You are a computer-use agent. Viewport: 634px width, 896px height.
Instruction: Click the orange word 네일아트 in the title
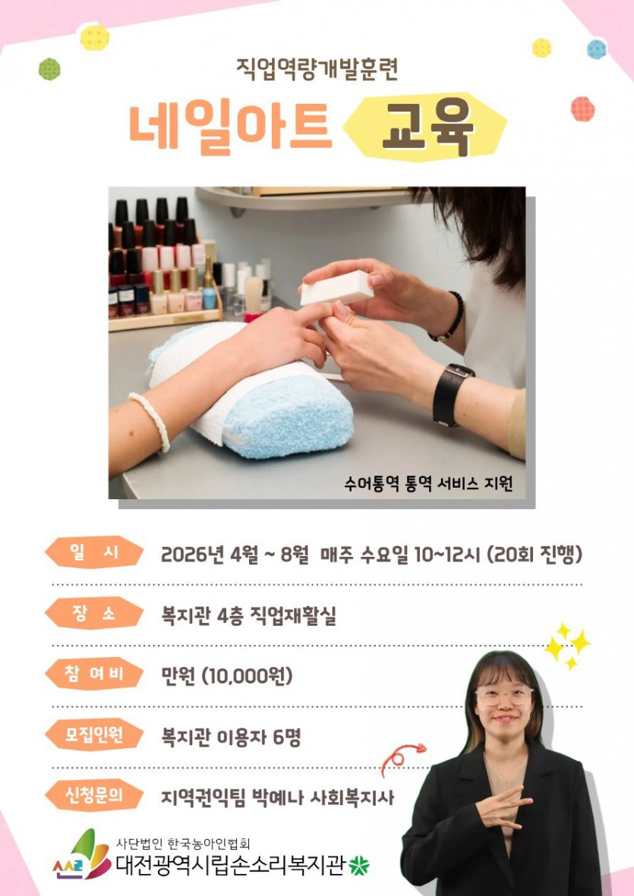click(230, 125)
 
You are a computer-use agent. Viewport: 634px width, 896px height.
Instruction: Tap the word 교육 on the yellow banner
click(427, 126)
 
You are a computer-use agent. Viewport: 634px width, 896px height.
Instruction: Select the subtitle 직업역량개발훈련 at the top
click(317, 69)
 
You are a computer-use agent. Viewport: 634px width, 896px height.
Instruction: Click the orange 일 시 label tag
click(93, 552)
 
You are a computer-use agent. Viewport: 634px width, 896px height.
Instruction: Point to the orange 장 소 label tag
click(93, 614)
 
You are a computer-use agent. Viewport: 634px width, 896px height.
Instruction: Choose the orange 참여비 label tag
click(93, 674)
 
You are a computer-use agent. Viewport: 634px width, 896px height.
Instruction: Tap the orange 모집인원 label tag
click(93, 734)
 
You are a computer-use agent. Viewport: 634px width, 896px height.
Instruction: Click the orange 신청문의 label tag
click(93, 795)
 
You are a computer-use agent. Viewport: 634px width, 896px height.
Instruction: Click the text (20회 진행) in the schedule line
click(535, 555)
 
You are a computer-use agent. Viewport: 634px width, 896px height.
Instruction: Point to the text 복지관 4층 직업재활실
click(249, 616)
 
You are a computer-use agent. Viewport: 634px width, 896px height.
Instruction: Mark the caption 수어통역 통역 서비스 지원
click(428, 484)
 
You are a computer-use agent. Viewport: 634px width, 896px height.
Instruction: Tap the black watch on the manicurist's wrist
click(450, 395)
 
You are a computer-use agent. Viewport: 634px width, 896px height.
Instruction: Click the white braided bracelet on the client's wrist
click(150, 420)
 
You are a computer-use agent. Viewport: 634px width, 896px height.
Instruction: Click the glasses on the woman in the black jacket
click(503, 696)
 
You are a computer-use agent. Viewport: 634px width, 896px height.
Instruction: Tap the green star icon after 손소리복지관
click(358, 866)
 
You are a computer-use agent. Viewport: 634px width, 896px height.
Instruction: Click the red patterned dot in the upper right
click(582, 108)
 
